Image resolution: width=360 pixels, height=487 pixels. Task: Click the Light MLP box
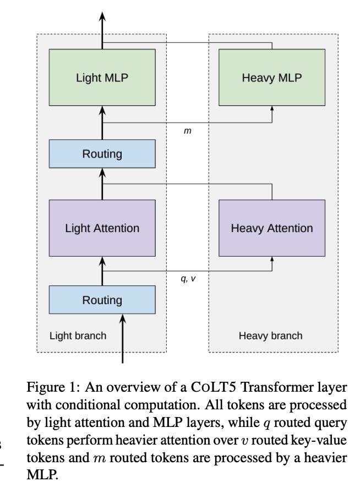point(102,77)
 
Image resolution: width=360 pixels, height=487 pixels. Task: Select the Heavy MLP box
point(272,77)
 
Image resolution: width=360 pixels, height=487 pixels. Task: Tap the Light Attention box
point(102,228)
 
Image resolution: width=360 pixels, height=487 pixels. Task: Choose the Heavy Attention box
point(272,228)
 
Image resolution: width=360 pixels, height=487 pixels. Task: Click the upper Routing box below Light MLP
point(102,154)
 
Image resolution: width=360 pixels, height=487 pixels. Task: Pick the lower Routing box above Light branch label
point(102,300)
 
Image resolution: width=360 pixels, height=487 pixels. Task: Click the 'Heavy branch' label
point(270,336)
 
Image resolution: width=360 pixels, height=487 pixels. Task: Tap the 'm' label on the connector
point(187,133)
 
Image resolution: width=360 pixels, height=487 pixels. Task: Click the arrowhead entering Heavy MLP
point(272,109)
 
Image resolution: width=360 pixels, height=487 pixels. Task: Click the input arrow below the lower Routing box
point(122,342)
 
